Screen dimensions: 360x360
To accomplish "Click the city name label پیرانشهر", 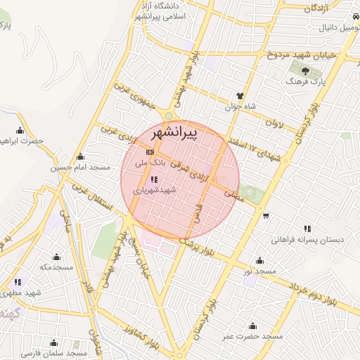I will click(x=193, y=131).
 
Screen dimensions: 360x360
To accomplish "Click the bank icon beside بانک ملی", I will click(x=150, y=152).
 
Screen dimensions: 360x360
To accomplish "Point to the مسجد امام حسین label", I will click(x=81, y=168).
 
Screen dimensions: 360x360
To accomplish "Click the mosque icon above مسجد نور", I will click(x=260, y=260).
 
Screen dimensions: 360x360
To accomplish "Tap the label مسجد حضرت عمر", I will click(x=253, y=337).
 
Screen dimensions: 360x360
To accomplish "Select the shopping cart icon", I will click(x=265, y=216).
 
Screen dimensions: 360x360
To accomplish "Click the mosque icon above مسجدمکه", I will click(x=56, y=256).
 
